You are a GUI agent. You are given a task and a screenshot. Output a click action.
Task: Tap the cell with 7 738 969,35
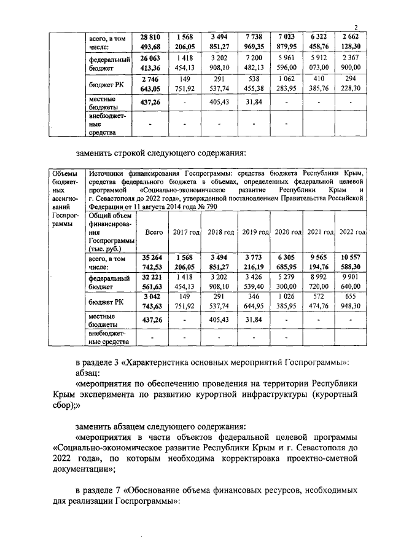[253, 42]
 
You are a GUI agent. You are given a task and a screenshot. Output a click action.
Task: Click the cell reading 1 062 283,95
[287, 85]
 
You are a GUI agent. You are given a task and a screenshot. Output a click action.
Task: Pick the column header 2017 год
[185, 233]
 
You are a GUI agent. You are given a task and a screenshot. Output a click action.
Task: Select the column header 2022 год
[352, 233]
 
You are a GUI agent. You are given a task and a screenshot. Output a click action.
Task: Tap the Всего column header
[154, 233]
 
